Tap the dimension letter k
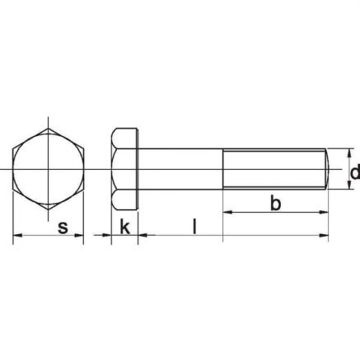coord(124,227)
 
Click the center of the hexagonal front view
coord(49,169)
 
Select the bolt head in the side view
coord(124,169)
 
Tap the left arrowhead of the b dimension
coord(227,212)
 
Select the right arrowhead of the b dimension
coord(328,212)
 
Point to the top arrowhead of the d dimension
coord(348,152)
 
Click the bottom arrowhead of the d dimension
coord(348,187)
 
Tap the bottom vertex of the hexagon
coord(49,210)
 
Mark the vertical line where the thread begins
coord(223,169)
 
